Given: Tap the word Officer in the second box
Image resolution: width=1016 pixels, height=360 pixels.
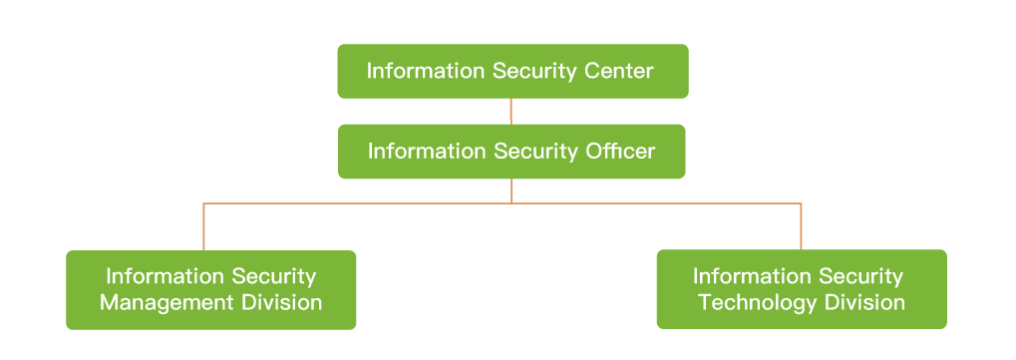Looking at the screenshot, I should (617, 152).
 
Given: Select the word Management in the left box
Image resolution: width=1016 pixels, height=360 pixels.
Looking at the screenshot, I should (160, 302).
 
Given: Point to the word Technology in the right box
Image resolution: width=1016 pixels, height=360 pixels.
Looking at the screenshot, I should (747, 301).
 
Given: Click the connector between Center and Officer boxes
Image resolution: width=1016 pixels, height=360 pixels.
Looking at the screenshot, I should (511, 111).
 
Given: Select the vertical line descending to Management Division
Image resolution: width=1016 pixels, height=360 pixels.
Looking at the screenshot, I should (203, 227).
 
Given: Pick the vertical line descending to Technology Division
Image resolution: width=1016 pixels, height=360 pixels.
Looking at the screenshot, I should (801, 226).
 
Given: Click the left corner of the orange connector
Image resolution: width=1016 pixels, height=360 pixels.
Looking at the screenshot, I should (203, 203).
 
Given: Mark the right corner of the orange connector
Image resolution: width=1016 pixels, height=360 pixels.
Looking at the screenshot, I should (801, 203).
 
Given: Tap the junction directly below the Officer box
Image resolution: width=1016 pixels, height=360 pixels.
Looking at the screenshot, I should (511, 202).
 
